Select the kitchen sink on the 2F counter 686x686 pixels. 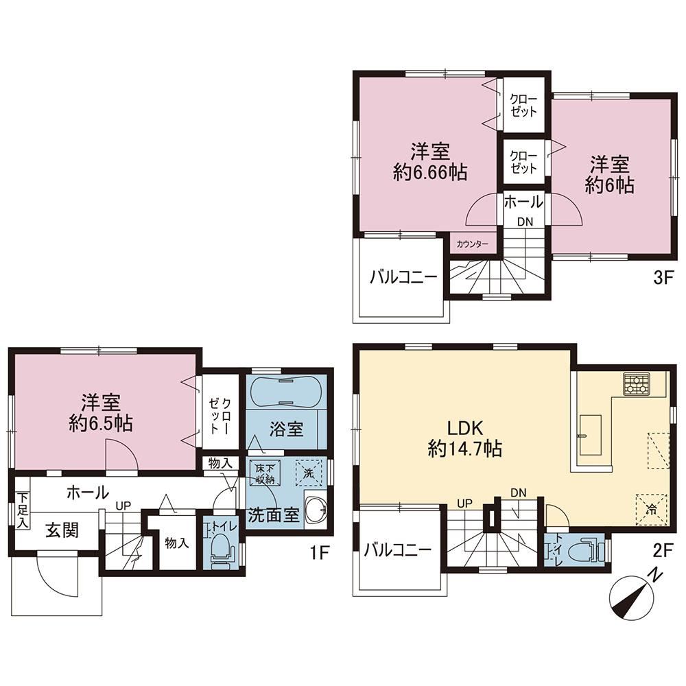click(x=590, y=435)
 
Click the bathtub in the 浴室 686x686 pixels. click(x=285, y=391)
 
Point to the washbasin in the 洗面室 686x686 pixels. click(x=316, y=510)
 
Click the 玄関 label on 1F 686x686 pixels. click(x=62, y=531)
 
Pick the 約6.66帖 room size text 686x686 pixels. click(x=429, y=173)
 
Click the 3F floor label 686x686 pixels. click(x=662, y=279)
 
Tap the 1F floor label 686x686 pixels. click(x=320, y=554)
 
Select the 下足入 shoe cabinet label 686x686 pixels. click(x=23, y=510)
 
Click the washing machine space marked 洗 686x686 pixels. click(x=309, y=473)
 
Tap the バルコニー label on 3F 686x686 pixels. click(x=404, y=276)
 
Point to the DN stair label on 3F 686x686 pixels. click(x=525, y=222)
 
